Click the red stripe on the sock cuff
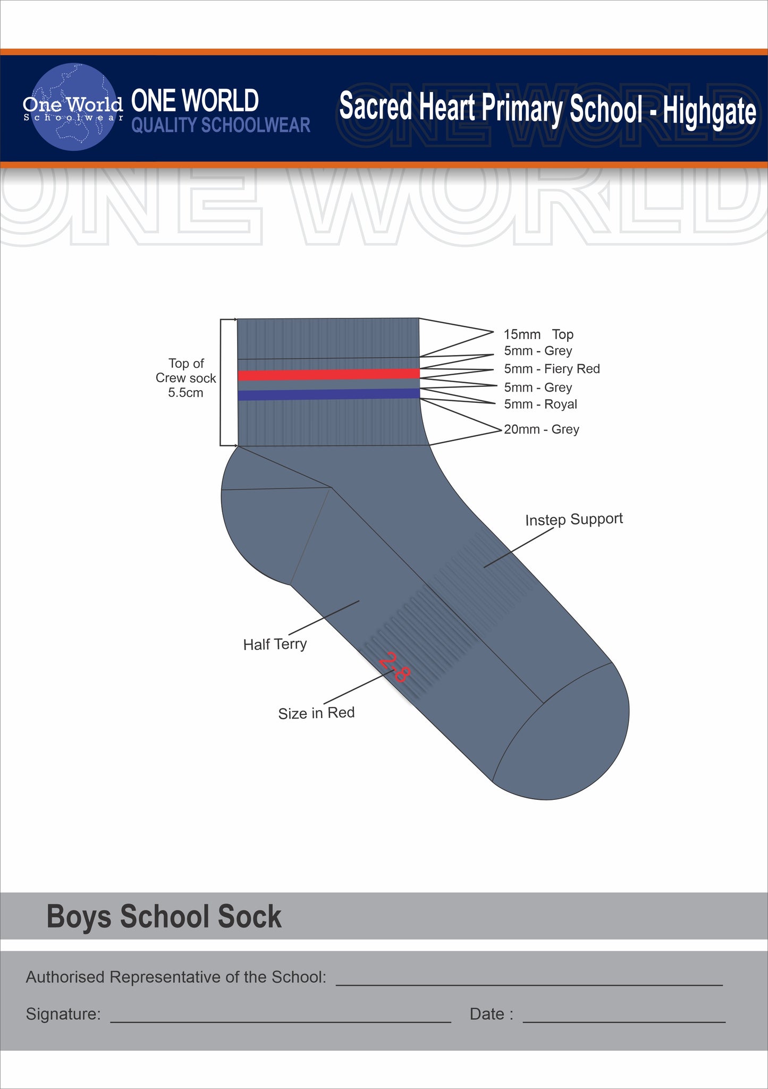[328, 375]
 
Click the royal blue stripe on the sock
[328, 394]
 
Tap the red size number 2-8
[394, 667]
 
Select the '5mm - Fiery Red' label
[552, 369]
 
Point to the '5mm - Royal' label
[540, 404]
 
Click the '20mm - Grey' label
[541, 429]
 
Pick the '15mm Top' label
[538, 334]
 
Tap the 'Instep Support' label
[573, 519]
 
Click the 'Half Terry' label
[275, 644]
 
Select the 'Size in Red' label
[316, 713]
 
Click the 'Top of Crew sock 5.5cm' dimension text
[185, 378]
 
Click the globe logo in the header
[74, 107]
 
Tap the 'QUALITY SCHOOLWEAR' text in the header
[221, 125]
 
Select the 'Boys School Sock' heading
[164, 916]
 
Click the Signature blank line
[280, 1022]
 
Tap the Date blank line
[624, 1022]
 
